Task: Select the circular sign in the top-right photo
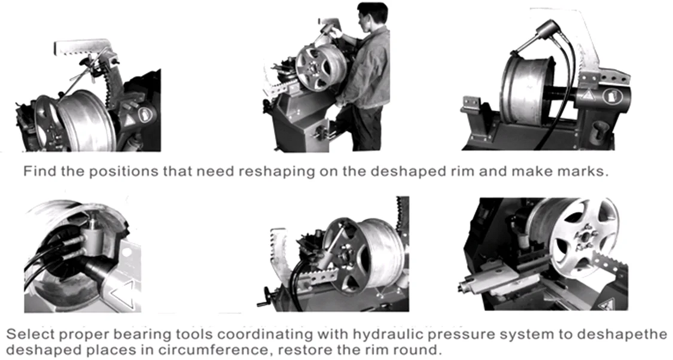pos(611,95)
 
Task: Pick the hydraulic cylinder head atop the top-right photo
pos(544,30)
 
